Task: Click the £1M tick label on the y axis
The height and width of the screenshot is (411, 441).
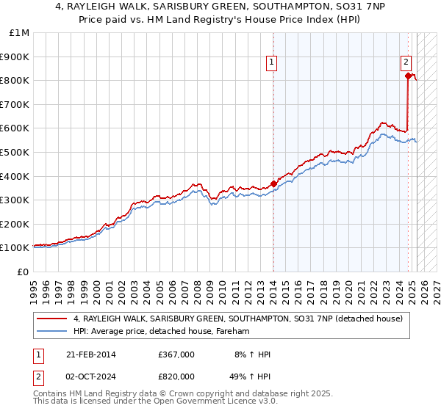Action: pyautogui.click(x=18, y=32)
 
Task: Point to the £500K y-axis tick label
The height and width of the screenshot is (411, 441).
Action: pyautogui.click(x=15, y=152)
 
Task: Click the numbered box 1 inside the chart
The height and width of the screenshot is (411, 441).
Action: pyautogui.click(x=272, y=63)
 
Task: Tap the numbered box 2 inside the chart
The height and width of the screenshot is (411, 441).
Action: pyautogui.click(x=406, y=63)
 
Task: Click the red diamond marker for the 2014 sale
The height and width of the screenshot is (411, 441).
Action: pyautogui.click(x=273, y=183)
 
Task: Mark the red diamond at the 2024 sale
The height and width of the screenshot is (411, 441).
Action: pyautogui.click(x=408, y=75)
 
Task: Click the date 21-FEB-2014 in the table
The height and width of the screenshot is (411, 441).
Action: pyautogui.click(x=90, y=354)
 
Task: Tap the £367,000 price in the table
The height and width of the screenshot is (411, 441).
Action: pyautogui.click(x=176, y=354)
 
